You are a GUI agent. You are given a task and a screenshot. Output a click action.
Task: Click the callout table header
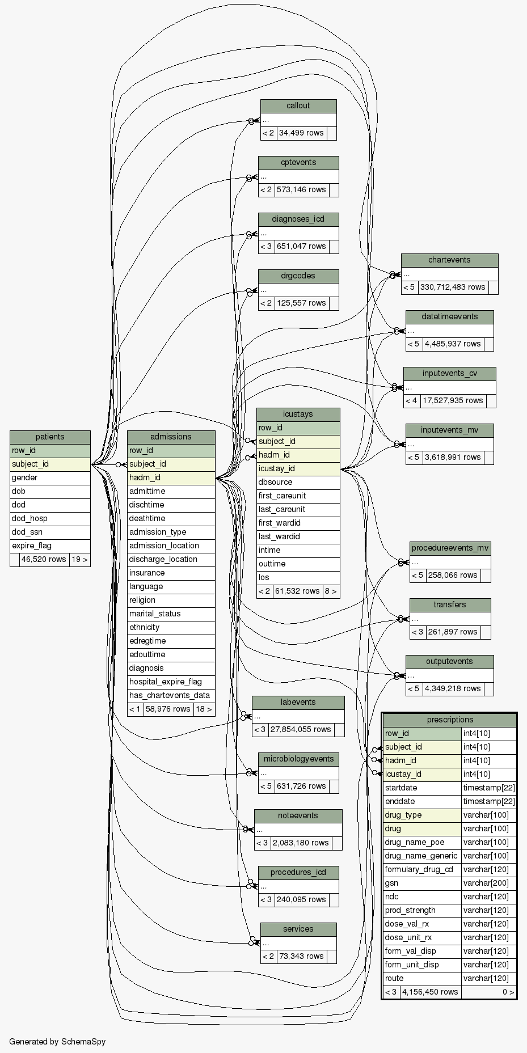tap(298, 106)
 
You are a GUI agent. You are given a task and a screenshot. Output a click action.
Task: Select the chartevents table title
tap(449, 260)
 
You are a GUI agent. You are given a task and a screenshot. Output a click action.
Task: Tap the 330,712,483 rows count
tap(453, 287)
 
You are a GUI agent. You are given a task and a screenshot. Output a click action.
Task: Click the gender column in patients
tap(50, 478)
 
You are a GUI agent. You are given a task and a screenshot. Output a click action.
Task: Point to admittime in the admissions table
tap(171, 492)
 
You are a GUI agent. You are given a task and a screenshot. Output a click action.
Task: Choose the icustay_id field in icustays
tap(298, 469)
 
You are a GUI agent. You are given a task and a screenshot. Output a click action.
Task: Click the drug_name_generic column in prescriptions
tap(421, 856)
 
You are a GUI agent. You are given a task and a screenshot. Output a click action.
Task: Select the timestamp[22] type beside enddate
tap(488, 802)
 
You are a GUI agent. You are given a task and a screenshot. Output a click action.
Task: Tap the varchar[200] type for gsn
tap(488, 883)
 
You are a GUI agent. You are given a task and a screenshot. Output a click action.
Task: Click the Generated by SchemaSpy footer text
tap(57, 1042)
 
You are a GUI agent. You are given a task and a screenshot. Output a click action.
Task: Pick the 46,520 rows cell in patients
tap(44, 560)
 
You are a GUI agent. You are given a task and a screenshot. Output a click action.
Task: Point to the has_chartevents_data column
tap(170, 696)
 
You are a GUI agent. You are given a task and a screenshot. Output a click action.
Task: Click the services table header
tap(298, 929)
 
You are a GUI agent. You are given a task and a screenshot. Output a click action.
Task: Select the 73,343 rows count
tap(301, 957)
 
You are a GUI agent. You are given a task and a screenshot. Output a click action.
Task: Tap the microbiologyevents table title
tap(298, 759)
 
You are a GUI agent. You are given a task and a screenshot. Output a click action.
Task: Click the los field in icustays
tap(298, 578)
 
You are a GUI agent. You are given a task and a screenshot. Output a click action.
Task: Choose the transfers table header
tap(450, 605)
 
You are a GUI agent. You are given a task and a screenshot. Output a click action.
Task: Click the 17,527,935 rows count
tap(453, 401)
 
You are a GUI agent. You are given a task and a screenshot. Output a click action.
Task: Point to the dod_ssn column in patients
tap(50, 532)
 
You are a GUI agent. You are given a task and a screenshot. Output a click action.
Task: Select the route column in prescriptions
tap(421, 979)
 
